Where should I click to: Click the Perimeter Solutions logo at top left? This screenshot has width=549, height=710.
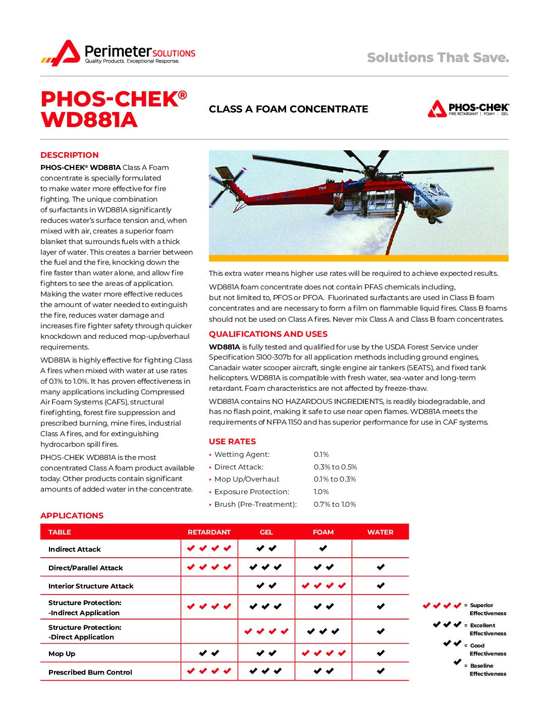click(118, 53)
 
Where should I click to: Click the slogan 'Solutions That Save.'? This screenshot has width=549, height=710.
click(437, 57)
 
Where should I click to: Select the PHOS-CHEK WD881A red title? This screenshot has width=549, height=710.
click(114, 109)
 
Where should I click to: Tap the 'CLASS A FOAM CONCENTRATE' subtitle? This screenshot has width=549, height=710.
click(288, 109)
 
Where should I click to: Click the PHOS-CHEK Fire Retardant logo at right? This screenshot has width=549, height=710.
click(468, 109)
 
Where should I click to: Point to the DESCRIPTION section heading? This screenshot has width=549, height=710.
click(70, 155)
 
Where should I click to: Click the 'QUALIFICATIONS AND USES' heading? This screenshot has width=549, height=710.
click(268, 334)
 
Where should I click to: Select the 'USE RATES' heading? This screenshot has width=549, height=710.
click(232, 441)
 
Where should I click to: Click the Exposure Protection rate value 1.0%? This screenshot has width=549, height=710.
click(321, 492)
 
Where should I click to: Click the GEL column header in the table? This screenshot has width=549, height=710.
click(266, 532)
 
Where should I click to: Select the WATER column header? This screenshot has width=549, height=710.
click(380, 532)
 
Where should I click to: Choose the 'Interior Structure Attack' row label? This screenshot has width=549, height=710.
click(91, 586)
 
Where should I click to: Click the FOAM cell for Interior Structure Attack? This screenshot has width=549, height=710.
click(323, 585)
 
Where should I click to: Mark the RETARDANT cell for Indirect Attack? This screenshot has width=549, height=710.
click(209, 549)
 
